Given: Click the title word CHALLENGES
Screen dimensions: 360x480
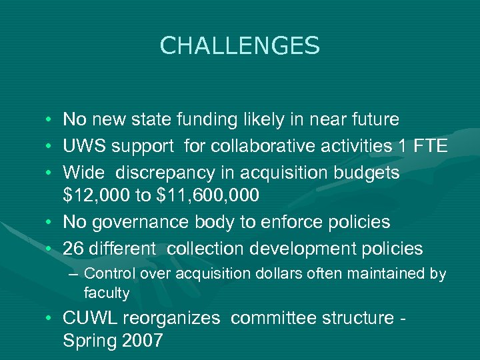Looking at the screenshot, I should [x=240, y=46].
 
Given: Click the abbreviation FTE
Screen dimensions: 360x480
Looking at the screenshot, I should [x=430, y=147].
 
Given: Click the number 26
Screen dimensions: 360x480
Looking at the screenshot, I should [x=73, y=249].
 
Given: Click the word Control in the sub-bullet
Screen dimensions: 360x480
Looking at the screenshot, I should [x=104, y=274].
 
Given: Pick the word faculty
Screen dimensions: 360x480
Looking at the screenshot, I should [x=107, y=293].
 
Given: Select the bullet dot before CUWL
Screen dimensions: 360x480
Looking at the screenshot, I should [x=51, y=319].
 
